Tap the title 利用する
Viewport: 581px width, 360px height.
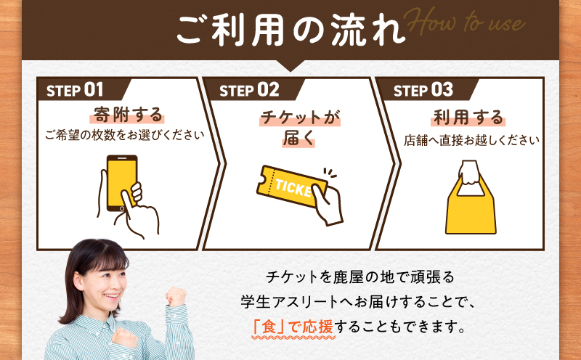click(468, 116)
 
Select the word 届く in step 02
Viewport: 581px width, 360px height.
click(298, 139)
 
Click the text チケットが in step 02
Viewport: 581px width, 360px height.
click(299, 116)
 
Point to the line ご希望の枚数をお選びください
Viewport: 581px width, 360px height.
click(124, 135)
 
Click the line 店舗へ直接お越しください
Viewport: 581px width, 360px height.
click(471, 140)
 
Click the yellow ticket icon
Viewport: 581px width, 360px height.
click(290, 188)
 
